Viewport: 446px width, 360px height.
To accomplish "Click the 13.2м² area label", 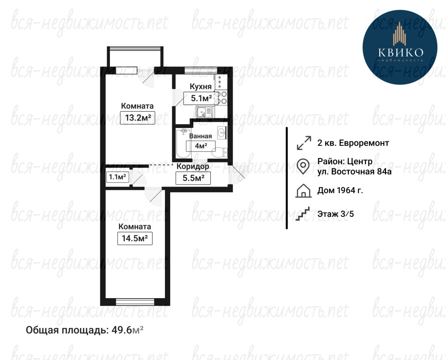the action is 138,117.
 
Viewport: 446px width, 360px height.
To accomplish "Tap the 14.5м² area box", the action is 135,238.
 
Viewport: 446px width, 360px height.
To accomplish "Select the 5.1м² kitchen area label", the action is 201,99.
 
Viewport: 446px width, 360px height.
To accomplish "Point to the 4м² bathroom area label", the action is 201,146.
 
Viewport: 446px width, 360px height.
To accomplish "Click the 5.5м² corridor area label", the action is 193,178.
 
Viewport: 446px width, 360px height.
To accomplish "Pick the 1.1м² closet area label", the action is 117,177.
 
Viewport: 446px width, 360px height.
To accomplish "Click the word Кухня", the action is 201,87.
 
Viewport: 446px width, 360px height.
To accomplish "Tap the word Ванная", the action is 201,136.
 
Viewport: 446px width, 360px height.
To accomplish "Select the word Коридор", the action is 193,166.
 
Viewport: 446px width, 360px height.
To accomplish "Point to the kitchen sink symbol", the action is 204,111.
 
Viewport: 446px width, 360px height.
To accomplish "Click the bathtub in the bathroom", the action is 183,143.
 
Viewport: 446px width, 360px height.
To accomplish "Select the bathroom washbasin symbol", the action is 222,133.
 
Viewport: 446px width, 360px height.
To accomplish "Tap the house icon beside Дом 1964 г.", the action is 304,190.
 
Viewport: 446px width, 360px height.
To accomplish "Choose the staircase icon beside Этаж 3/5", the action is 303,214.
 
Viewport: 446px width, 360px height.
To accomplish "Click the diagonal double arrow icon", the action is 304,143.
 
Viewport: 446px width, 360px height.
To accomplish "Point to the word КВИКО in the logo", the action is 401,52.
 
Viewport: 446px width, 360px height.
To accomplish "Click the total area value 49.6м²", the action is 127,330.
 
